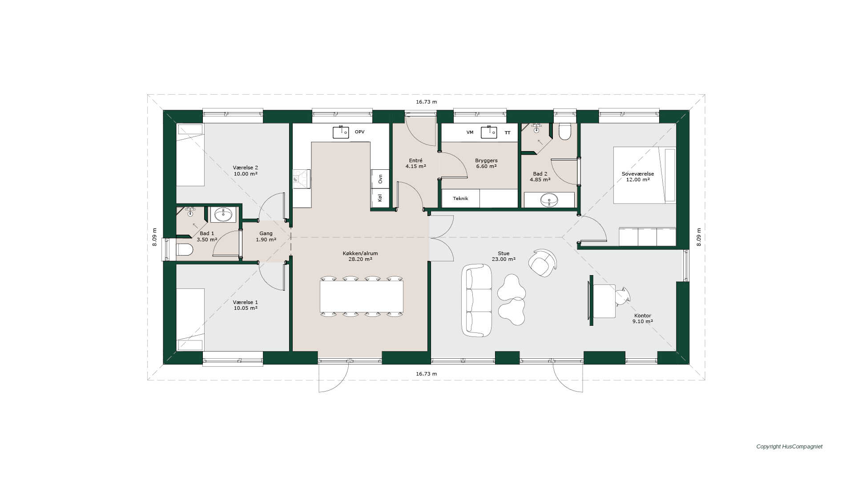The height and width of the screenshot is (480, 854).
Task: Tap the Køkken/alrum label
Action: coord(360,253)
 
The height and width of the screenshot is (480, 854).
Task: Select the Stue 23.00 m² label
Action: coord(504,256)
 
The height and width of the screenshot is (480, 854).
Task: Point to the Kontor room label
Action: coord(643,316)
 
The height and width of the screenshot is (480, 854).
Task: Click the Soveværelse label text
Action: coord(638,174)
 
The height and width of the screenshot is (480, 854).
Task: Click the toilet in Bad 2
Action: coord(565,132)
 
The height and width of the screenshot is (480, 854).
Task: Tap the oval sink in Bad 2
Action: coord(549,200)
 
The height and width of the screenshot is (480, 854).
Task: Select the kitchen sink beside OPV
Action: coord(341,132)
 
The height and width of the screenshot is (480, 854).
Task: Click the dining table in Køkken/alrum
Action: coord(362,296)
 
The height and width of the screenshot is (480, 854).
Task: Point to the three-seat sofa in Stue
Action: coord(477,300)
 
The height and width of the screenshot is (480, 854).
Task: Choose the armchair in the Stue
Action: coord(543,263)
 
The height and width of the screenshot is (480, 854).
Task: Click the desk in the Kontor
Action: coord(604,301)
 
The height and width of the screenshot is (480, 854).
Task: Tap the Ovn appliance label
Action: coord(380,179)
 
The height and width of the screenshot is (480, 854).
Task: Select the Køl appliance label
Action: coord(380,198)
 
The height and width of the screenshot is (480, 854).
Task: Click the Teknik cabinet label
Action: coord(460,199)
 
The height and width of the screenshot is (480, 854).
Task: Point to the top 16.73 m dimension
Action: coord(426,102)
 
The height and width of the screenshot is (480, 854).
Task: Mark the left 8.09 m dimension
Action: coord(155,237)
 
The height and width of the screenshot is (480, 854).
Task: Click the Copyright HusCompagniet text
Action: coord(790,447)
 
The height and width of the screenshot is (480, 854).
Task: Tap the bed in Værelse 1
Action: coord(190,320)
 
